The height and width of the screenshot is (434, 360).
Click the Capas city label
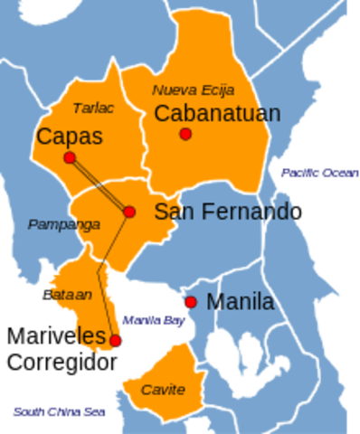pyautogui.click(x=69, y=137)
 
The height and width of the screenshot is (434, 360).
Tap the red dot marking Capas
pyautogui.click(x=70, y=158)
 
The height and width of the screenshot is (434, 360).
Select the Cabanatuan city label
pyautogui.click(x=217, y=113)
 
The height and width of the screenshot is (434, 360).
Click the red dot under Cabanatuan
pyautogui.click(x=185, y=134)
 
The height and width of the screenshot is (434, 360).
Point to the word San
pyautogui.click(x=177, y=212)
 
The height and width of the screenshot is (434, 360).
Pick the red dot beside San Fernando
pyautogui.click(x=129, y=212)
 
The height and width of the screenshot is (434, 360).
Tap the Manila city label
pyautogui.click(x=240, y=302)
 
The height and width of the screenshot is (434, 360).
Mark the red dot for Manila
pyautogui.click(x=191, y=302)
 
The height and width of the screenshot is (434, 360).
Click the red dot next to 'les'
pyautogui.click(x=116, y=340)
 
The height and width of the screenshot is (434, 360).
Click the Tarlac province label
pyautogui.click(x=93, y=108)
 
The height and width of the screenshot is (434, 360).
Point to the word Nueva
pyautogui.click(x=172, y=90)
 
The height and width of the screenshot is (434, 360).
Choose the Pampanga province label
pyautogui.click(x=63, y=224)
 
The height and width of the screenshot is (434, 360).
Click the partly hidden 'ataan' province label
pyautogui.click(x=68, y=295)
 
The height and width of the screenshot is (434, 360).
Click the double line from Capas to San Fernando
pyautogui.click(x=99, y=185)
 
